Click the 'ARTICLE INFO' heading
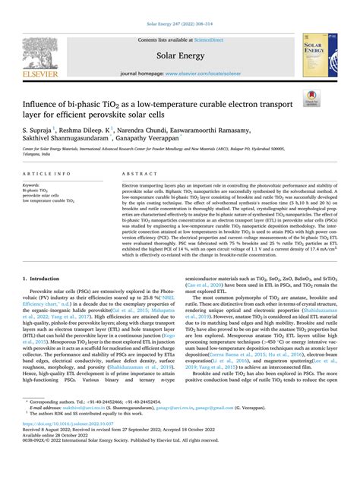(43, 174)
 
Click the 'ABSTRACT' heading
(137, 174)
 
